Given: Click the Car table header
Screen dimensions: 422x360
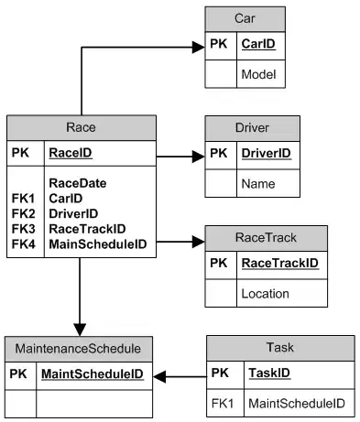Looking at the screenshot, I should [x=245, y=18].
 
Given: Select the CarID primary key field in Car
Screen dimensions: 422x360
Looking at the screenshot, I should [x=258, y=43].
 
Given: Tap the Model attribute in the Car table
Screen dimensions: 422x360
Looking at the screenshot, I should [x=258, y=73].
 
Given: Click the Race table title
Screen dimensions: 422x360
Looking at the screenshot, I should [x=81, y=128].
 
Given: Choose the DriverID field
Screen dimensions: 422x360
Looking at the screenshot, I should [x=267, y=154].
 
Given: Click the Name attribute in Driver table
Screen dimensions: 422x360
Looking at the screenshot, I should [x=258, y=184].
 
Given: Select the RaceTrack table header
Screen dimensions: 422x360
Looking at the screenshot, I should [x=278, y=237].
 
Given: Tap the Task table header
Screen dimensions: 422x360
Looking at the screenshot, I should [x=279, y=348].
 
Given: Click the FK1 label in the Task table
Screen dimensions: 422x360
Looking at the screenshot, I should [x=220, y=403].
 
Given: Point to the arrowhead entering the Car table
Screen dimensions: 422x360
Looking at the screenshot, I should [x=198, y=44].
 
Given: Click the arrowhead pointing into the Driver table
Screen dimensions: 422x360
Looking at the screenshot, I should [x=198, y=157].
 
